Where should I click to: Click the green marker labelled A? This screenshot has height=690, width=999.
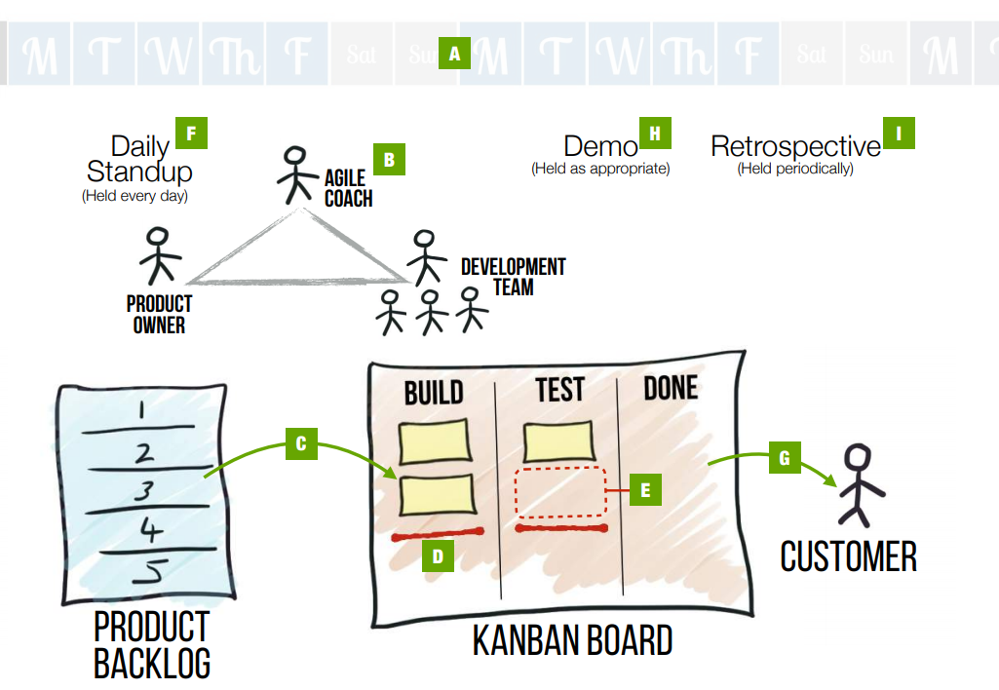click(454, 53)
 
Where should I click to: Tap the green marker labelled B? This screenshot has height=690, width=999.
click(389, 159)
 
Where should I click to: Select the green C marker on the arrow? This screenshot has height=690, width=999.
click(300, 443)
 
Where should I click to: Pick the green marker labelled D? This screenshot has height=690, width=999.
click(438, 556)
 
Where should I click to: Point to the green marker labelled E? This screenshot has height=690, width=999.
click(645, 490)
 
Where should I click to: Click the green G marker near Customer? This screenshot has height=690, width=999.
click(786, 458)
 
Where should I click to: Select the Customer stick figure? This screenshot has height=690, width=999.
click(859, 484)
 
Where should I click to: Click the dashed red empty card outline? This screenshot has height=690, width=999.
click(560, 492)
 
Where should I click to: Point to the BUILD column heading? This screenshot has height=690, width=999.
click(434, 393)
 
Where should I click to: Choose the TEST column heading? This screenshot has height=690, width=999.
click(559, 390)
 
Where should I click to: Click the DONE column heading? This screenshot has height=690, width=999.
click(671, 388)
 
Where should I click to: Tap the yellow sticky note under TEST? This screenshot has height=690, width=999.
click(558, 441)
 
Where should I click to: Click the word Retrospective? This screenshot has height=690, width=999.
click(795, 146)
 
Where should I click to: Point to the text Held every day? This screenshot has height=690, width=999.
click(134, 195)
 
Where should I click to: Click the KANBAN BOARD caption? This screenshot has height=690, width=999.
click(572, 641)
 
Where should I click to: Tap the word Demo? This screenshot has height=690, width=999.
click(600, 146)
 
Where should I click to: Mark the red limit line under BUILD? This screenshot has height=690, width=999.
click(438, 533)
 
